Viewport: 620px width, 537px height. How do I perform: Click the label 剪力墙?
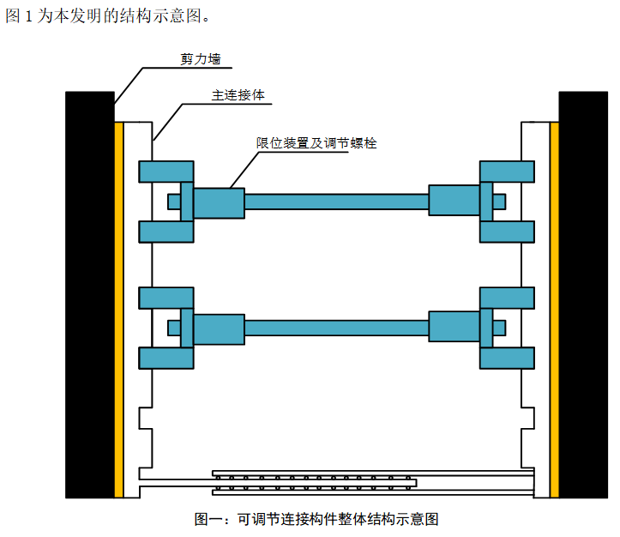[200, 60]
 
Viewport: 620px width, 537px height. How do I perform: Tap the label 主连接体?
[238, 95]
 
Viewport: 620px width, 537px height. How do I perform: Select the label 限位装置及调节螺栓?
[316, 143]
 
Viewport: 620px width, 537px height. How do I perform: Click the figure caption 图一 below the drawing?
[316, 519]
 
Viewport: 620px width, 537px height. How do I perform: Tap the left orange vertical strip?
[119, 309]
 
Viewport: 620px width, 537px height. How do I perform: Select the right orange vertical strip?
[555, 309]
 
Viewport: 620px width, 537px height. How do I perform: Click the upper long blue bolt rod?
[336, 202]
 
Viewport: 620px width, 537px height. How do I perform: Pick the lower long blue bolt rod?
[336, 328]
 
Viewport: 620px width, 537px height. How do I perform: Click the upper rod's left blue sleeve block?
[219, 202]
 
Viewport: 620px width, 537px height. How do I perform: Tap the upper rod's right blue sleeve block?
[454, 202]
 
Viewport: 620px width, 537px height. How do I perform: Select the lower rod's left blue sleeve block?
[219, 328]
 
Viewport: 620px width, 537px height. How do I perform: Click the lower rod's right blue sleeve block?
[454, 328]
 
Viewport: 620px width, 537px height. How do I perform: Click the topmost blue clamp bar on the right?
[507, 171]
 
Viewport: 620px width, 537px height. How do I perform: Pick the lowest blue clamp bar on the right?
[507, 358]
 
